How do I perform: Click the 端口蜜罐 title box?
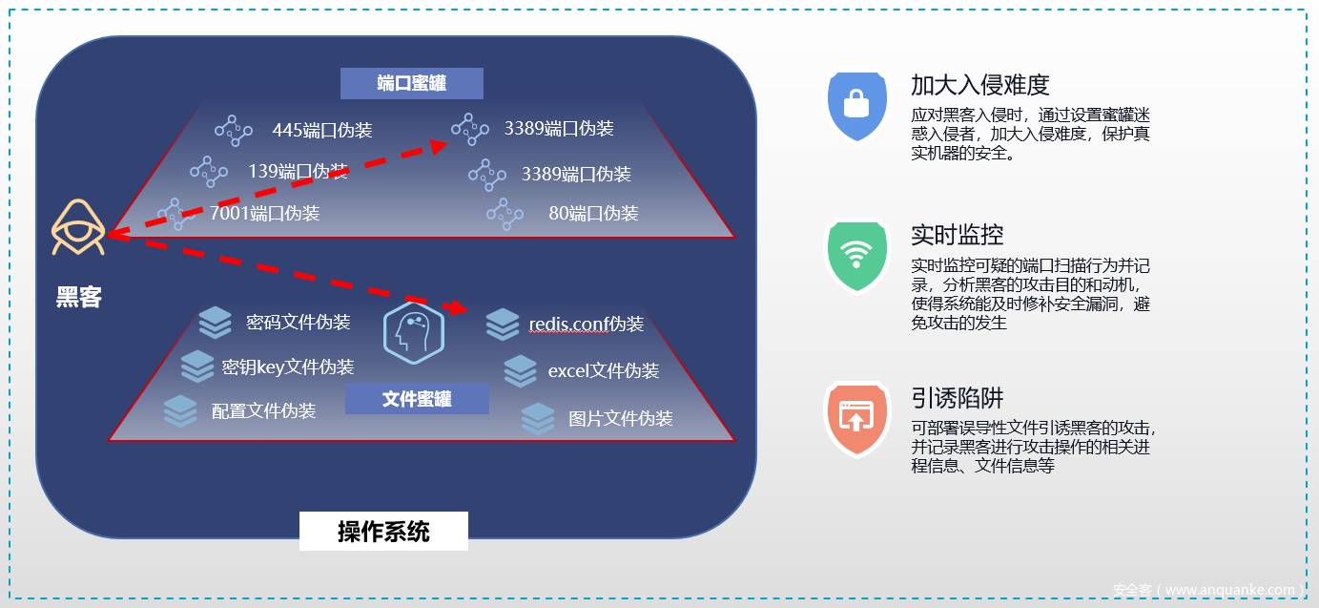412,84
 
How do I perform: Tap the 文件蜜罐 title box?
417,399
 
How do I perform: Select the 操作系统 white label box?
383,532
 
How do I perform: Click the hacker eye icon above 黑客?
78,228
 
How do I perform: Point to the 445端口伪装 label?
321,130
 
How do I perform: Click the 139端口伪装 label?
298,172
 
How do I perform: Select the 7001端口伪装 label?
265,213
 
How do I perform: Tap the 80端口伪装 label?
593,213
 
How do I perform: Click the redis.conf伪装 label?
587,325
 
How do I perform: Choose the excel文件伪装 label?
604,370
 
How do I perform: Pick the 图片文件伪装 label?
621,418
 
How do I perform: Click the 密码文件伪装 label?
298,323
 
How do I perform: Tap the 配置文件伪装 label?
263,411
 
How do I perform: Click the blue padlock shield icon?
857,104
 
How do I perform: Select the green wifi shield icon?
857,256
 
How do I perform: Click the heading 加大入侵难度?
979,85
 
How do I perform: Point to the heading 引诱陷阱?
958,398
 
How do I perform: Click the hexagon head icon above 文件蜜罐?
413,334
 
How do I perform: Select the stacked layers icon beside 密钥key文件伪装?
197,367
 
